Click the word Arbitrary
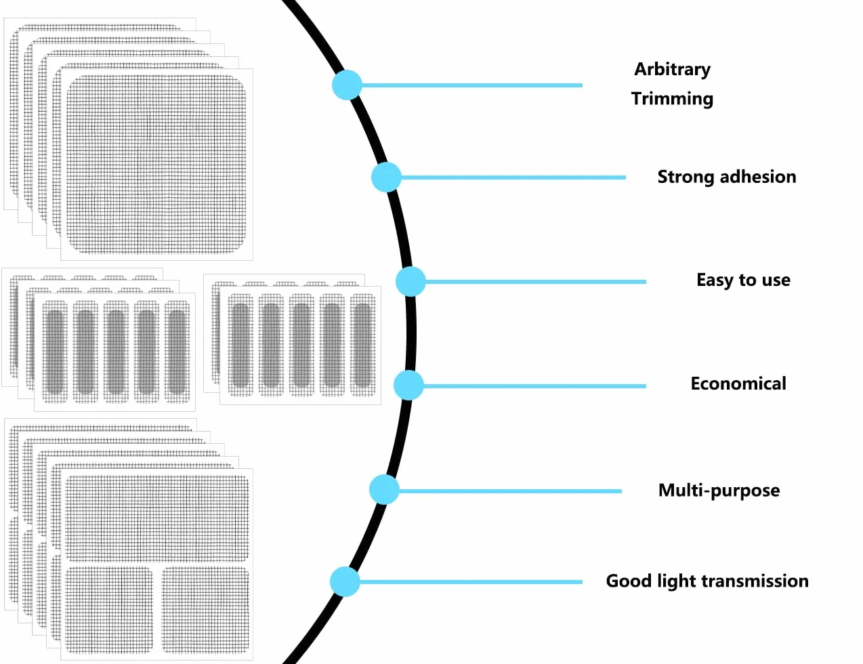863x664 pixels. pyautogui.click(x=672, y=70)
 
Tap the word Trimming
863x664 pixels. pyautogui.click(x=672, y=98)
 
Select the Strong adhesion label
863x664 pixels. pyautogui.click(x=727, y=177)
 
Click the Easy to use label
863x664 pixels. pyautogui.click(x=744, y=281)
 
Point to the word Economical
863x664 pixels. pyautogui.click(x=738, y=383)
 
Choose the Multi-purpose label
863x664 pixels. pyautogui.click(x=719, y=491)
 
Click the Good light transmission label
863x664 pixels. pyautogui.click(x=707, y=581)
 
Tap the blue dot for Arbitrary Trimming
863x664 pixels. pyautogui.click(x=347, y=85)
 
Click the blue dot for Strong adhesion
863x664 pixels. pyautogui.click(x=386, y=177)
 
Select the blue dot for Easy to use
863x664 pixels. pyautogui.click(x=411, y=282)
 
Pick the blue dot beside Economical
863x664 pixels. pyautogui.click(x=408, y=386)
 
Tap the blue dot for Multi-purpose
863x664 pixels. pyautogui.click(x=384, y=490)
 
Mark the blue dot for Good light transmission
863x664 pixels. pyautogui.click(x=345, y=582)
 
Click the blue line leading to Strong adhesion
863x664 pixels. pyautogui.click(x=513, y=178)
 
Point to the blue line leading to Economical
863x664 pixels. pyautogui.click(x=534, y=386)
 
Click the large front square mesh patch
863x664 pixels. pyautogui.click(x=156, y=164)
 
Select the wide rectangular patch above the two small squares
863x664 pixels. pyautogui.click(x=157, y=518)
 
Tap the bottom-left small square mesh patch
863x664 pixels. pyautogui.click(x=109, y=610)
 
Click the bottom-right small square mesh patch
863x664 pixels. pyautogui.click(x=205, y=610)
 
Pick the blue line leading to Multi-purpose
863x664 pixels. pyautogui.click(x=510, y=491)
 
